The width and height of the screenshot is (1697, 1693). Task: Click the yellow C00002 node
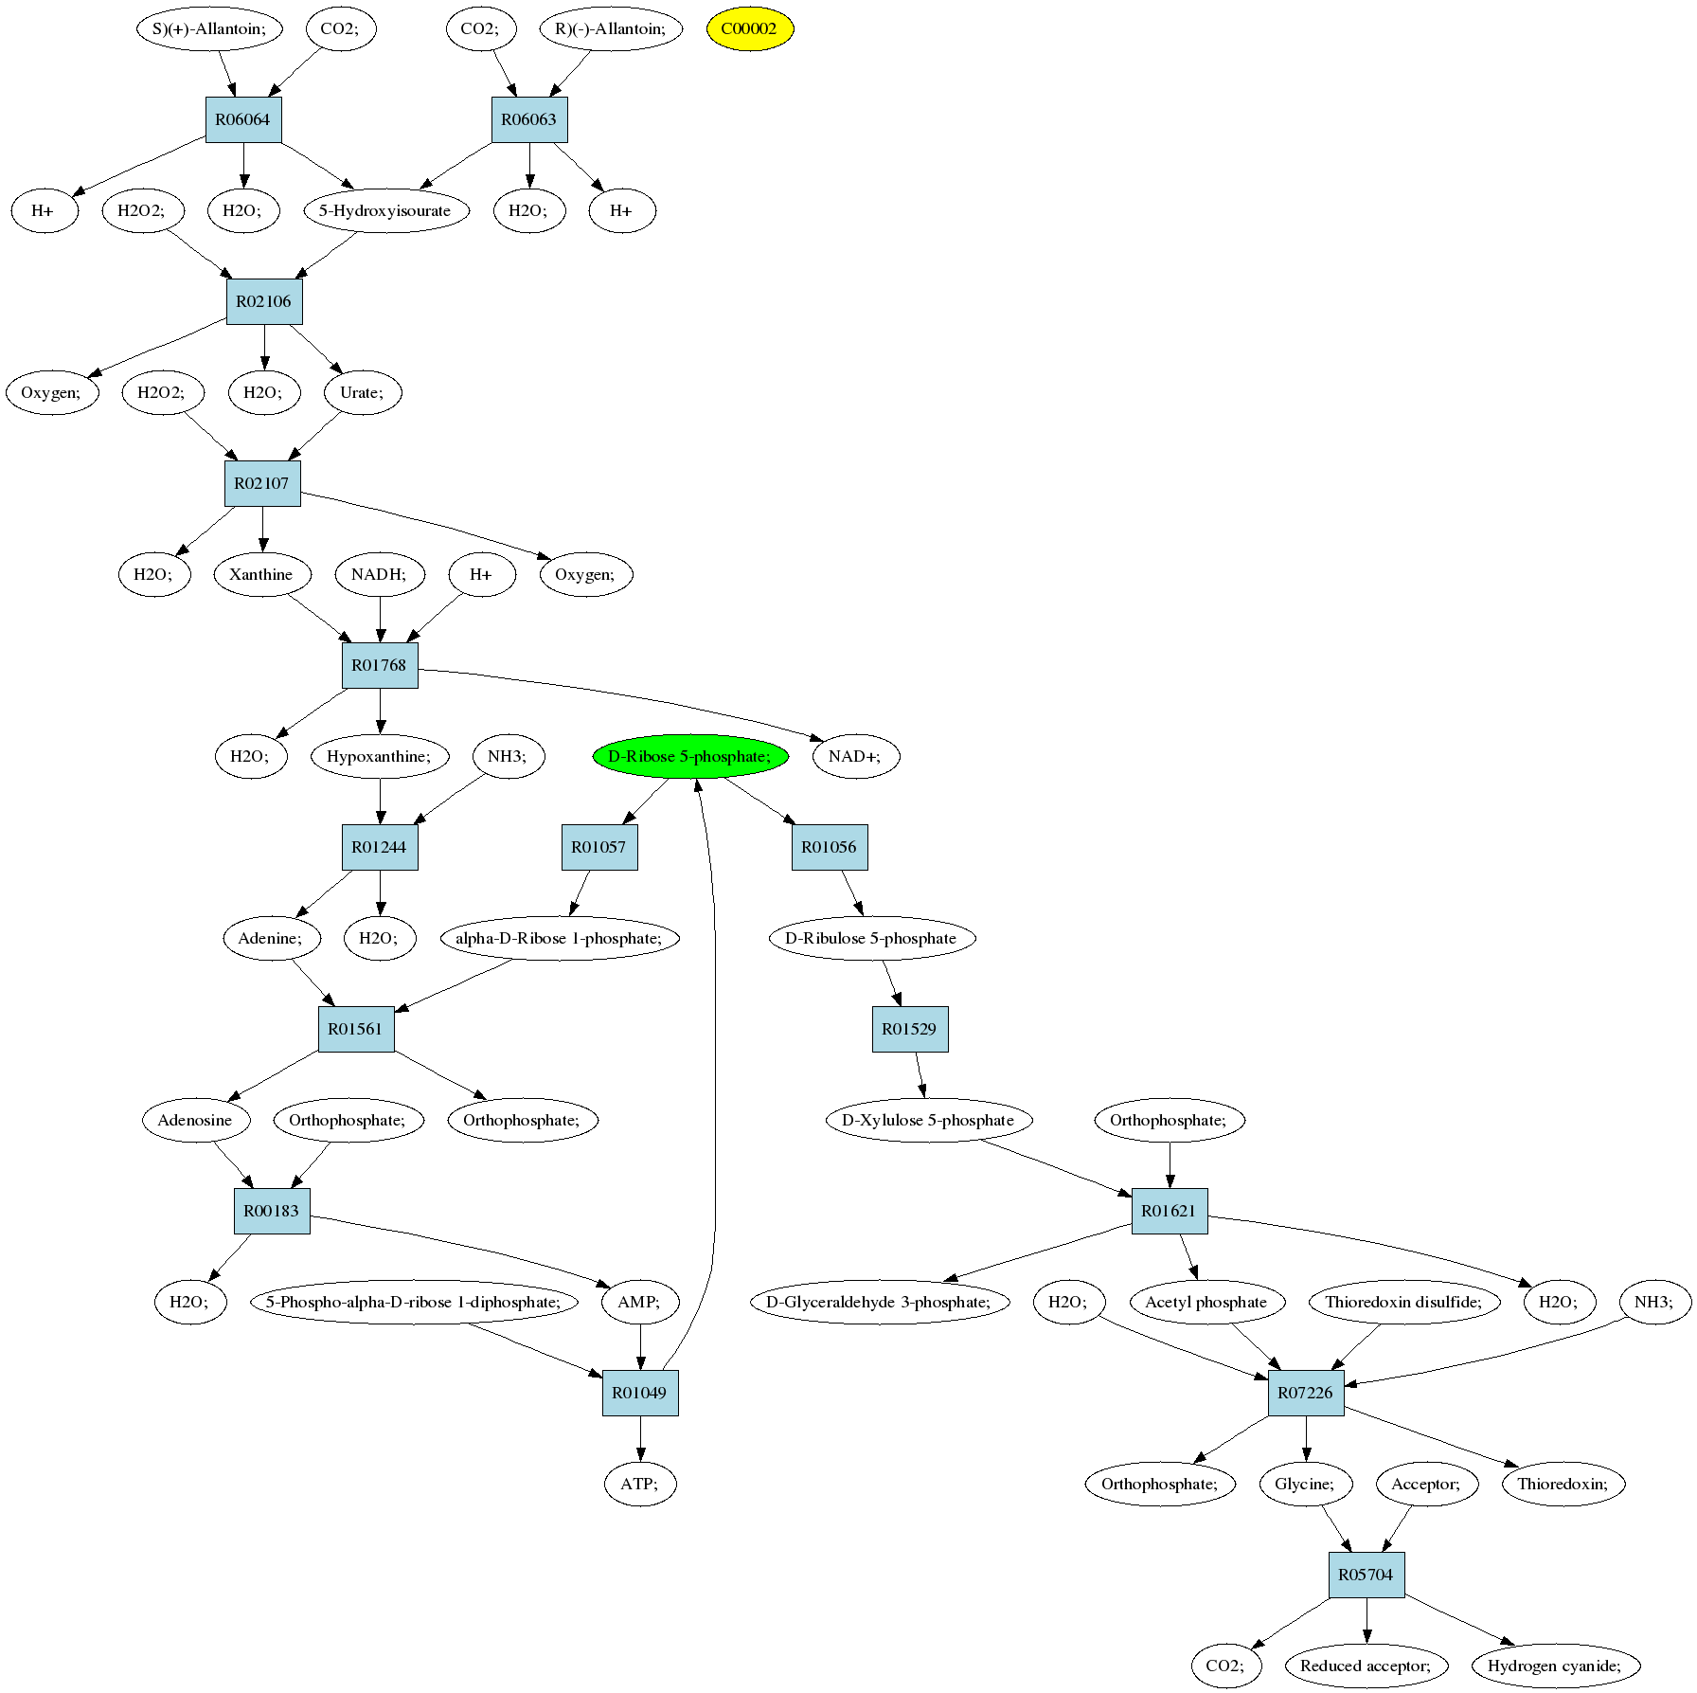point(749,28)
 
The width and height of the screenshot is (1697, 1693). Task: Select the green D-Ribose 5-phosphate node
point(690,756)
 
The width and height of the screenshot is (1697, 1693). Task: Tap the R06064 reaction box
point(243,119)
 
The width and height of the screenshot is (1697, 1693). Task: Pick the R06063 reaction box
point(529,119)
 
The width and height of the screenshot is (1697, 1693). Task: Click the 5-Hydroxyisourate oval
point(385,210)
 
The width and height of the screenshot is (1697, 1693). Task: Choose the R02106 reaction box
point(264,301)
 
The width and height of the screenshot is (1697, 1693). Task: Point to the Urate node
point(363,392)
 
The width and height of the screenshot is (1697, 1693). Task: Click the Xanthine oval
point(262,574)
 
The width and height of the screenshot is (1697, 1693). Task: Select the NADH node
point(380,574)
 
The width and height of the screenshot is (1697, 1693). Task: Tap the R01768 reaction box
point(380,665)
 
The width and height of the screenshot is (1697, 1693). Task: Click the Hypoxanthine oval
point(380,756)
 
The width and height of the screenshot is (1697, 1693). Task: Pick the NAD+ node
point(855,756)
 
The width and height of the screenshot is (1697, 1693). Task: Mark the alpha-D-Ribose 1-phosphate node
point(560,938)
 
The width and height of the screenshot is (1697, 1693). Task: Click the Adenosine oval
point(196,1120)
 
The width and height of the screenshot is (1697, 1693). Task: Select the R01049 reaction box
point(640,1393)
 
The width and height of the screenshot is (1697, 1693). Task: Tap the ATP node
point(640,1484)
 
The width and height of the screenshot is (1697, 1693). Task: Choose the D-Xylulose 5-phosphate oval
point(928,1120)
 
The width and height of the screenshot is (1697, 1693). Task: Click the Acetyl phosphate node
point(1206,1302)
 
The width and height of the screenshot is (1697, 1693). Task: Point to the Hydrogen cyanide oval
point(1555,1666)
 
